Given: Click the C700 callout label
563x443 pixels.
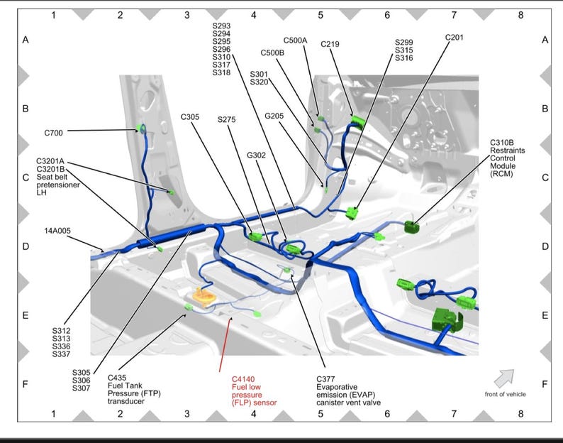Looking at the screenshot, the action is click(x=53, y=133).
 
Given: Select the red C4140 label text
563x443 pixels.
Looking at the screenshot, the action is click(x=243, y=379).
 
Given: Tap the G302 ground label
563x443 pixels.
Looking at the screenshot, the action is click(x=257, y=155).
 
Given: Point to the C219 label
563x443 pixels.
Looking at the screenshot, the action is click(x=330, y=44).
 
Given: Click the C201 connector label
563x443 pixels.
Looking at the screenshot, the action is click(x=455, y=38).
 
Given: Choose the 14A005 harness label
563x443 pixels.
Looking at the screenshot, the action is click(x=57, y=231).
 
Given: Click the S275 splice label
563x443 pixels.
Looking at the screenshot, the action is click(x=227, y=119).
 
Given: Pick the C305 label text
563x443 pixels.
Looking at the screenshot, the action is click(x=190, y=117).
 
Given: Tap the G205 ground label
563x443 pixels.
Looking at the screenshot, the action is click(x=274, y=116).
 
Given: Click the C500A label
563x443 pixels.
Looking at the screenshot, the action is click(x=295, y=40).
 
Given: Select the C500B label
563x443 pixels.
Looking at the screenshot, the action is click(x=272, y=53).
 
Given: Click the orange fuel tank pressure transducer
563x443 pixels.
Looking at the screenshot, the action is click(x=204, y=296).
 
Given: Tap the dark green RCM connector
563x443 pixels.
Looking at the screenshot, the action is click(x=411, y=227).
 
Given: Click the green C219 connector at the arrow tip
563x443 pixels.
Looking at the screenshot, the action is click(x=358, y=121).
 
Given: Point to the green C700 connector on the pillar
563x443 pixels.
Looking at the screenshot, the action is click(x=140, y=128).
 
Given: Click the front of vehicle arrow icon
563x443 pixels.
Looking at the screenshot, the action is click(x=503, y=378).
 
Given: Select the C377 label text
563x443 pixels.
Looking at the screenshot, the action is click(x=325, y=379).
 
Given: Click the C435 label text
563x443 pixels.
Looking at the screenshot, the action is click(x=117, y=378).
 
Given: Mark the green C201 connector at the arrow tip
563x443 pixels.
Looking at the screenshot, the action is click(x=352, y=213).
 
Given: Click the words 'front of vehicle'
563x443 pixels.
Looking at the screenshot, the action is click(x=505, y=395).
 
